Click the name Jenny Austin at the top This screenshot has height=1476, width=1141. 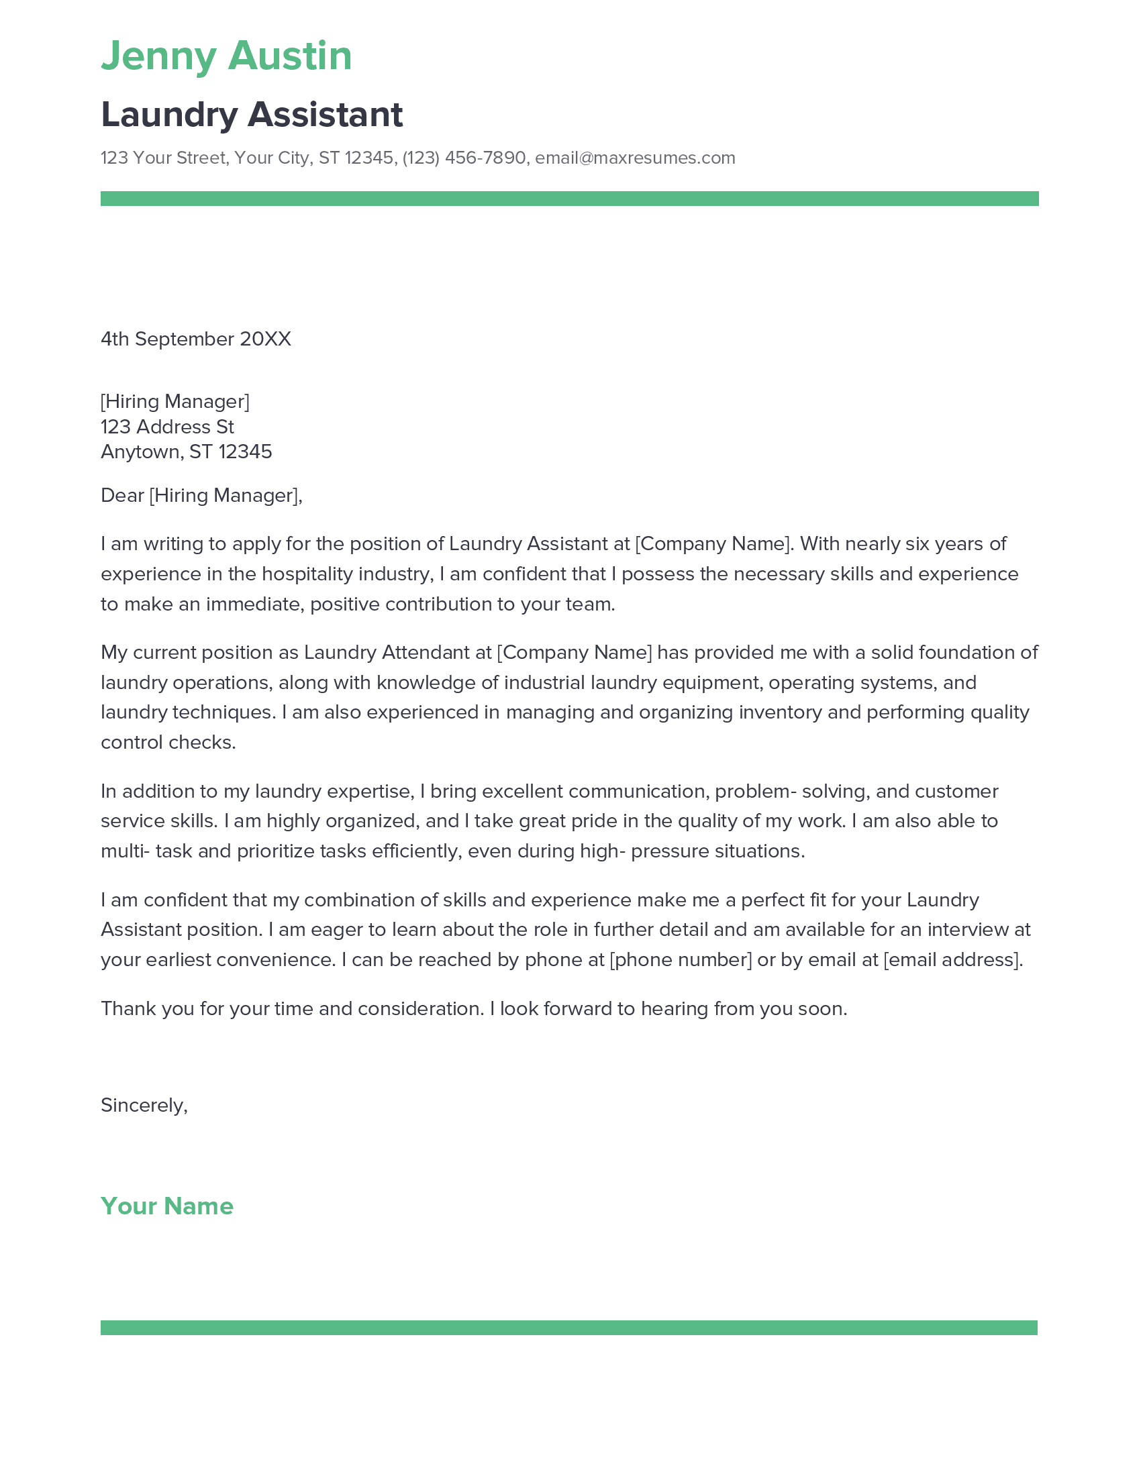(x=226, y=56)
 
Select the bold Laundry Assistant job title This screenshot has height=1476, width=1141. (x=252, y=114)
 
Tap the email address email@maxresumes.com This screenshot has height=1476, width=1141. (x=635, y=158)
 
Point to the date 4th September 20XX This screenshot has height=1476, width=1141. (x=195, y=339)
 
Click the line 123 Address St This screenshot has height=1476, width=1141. (x=167, y=427)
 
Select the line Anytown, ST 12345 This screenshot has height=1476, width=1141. (x=186, y=452)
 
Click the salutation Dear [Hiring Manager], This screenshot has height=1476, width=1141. (x=201, y=495)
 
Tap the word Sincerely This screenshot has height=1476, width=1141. (x=142, y=1105)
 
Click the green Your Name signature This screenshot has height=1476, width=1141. (x=167, y=1206)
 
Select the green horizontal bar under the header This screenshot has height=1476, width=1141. (x=569, y=199)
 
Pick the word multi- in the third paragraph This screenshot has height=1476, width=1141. (x=125, y=851)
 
